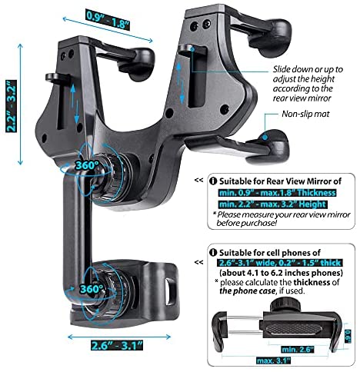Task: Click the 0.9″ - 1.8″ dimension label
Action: [108, 20]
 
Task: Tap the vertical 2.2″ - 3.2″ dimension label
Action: [12, 106]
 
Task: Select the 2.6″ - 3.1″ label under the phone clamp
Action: [117, 345]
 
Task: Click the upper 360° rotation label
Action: [86, 165]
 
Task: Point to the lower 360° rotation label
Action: [91, 289]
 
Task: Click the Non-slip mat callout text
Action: [305, 114]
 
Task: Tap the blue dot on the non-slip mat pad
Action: [265, 138]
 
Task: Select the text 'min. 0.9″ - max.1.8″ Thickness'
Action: [277, 193]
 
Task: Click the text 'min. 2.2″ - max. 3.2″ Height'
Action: [273, 204]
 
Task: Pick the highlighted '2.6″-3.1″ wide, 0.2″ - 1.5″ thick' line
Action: [280, 263]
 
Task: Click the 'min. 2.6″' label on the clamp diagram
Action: [297, 350]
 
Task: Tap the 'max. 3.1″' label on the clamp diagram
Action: [274, 360]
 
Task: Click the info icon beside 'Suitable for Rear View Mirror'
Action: [213, 181]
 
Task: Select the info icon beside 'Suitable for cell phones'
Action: [213, 253]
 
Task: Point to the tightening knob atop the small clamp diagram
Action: [283, 305]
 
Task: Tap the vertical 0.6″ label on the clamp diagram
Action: [348, 336]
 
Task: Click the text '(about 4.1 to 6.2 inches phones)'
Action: [281, 273]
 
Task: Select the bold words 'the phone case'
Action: [247, 291]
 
